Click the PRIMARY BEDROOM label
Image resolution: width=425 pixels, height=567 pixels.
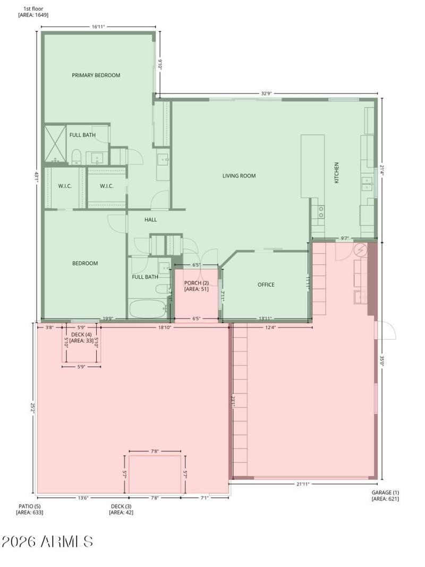click(x=96, y=75)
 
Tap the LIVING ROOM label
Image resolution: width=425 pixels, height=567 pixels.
click(x=239, y=176)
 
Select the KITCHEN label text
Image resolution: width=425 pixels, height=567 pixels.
click(x=336, y=173)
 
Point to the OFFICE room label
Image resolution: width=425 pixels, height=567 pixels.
click(x=266, y=285)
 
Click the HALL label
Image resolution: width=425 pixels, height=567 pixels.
click(x=151, y=219)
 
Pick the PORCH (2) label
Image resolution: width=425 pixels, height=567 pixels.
click(x=197, y=283)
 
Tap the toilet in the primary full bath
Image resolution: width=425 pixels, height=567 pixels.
click(x=76, y=158)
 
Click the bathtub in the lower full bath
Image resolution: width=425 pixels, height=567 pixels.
click(x=148, y=308)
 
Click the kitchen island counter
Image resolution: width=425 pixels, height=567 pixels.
click(x=312, y=166)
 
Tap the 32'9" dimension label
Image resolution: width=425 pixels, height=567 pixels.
click(x=266, y=93)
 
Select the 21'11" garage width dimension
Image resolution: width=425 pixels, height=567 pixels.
click(x=303, y=484)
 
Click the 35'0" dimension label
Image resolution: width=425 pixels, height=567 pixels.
click(x=382, y=361)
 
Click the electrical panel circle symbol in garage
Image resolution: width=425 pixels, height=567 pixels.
click(x=361, y=250)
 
